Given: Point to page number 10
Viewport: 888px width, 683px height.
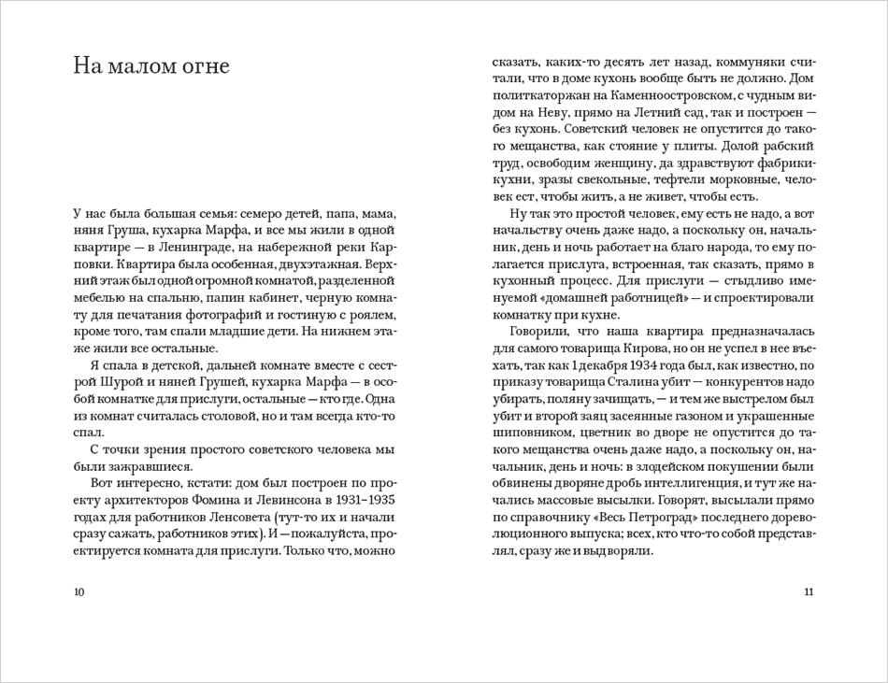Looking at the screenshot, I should click(x=78, y=591).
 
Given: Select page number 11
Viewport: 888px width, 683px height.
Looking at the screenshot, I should click(x=809, y=591).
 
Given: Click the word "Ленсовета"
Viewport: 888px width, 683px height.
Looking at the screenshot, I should click(x=225, y=517).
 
